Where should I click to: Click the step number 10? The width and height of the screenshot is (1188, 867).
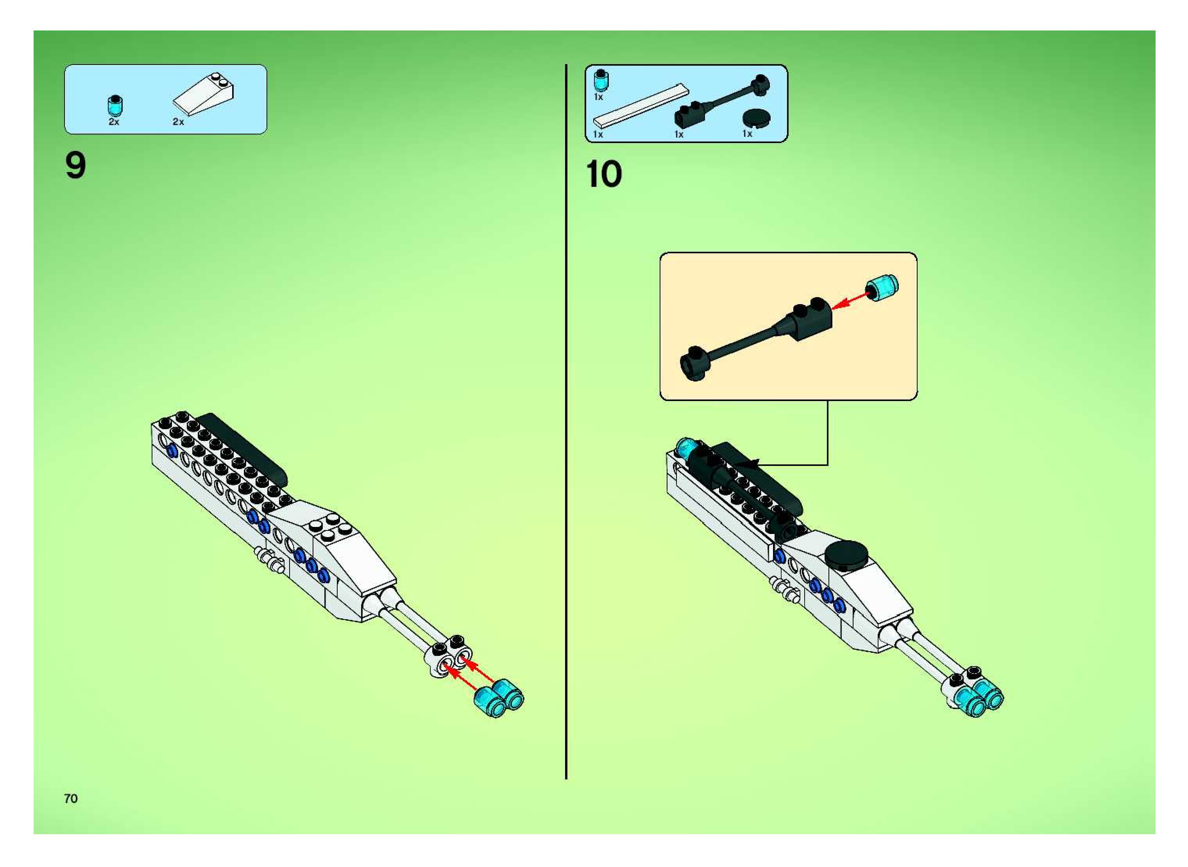(x=603, y=174)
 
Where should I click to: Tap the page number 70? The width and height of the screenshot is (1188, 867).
(x=71, y=798)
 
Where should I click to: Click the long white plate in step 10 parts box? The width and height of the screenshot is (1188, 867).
(x=639, y=106)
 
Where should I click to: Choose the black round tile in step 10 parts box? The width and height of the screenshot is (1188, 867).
(x=756, y=118)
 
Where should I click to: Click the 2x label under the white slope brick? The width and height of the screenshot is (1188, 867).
(x=179, y=122)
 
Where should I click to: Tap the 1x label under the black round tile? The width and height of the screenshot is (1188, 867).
(x=747, y=134)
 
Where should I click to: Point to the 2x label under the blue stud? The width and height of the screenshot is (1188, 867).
(x=114, y=122)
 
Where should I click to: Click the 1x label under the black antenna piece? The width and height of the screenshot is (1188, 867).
(x=679, y=134)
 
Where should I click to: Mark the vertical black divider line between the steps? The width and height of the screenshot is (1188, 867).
(x=566, y=420)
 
